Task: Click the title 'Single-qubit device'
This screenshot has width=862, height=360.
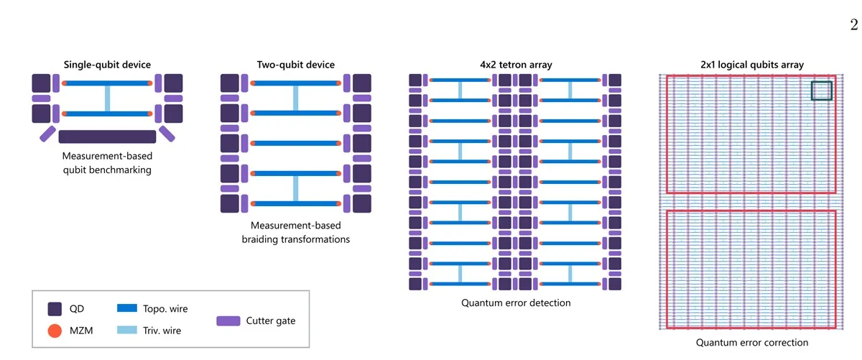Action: pyautogui.click(x=107, y=64)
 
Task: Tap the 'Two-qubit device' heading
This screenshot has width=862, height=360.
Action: pyautogui.click(x=295, y=64)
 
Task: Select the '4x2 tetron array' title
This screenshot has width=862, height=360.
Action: pyautogui.click(x=516, y=64)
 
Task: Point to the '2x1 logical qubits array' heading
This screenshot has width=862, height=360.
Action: pyautogui.click(x=752, y=64)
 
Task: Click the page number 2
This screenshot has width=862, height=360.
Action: pyautogui.click(x=854, y=25)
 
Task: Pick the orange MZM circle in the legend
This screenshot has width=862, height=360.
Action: pyautogui.click(x=55, y=331)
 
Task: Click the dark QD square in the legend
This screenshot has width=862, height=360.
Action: pyautogui.click(x=55, y=309)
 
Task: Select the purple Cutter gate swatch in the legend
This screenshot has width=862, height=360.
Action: pyautogui.click(x=228, y=320)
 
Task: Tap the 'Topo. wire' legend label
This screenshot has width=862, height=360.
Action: pyautogui.click(x=165, y=309)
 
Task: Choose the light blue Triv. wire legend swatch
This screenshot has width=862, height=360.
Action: pyautogui.click(x=127, y=330)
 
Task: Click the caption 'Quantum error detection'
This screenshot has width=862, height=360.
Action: pyautogui.click(x=516, y=303)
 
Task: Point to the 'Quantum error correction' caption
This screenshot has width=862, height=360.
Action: pyautogui.click(x=752, y=342)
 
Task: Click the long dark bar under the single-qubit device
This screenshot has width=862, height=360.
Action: pyautogui.click(x=107, y=137)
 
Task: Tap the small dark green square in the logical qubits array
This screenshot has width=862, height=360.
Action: pyautogui.click(x=822, y=91)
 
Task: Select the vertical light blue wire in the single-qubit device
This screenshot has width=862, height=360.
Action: pyautogui.click(x=107, y=98)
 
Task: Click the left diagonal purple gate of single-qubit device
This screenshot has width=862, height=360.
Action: pyautogui.click(x=47, y=134)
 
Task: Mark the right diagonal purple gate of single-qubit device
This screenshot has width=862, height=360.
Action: pyautogui.click(x=167, y=134)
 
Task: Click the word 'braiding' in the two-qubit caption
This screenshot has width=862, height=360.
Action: pyautogui.click(x=260, y=239)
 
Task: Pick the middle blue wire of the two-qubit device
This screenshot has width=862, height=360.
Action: pyautogui.click(x=295, y=143)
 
